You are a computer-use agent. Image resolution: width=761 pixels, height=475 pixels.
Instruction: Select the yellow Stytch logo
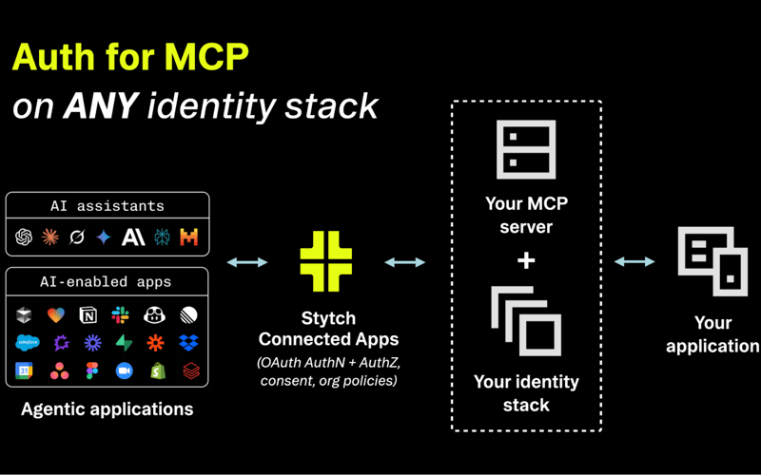tap(326, 261)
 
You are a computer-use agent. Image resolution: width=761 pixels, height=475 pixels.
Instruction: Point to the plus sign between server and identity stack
tap(526, 259)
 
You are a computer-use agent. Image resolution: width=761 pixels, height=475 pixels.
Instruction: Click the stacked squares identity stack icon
tap(526, 322)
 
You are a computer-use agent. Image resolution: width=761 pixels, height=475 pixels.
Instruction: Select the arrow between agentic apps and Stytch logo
tap(247, 262)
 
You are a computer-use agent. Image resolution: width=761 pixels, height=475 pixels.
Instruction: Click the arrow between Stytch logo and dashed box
tap(405, 262)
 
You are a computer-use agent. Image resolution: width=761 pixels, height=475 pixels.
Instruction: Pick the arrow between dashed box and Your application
tap(634, 261)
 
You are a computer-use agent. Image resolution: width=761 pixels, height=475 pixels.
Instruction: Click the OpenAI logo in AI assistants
tap(25, 237)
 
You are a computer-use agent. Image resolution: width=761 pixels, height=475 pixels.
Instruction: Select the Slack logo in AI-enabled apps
tap(121, 315)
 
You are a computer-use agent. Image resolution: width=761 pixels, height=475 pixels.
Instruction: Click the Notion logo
tap(88, 315)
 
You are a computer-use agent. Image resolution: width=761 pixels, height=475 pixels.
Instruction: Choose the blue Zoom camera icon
tap(124, 371)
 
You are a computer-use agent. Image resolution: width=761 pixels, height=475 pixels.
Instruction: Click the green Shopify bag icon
tap(157, 371)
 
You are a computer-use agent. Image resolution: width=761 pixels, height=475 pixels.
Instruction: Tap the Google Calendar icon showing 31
tap(24, 371)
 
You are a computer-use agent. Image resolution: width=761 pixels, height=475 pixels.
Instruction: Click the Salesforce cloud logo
tap(27, 343)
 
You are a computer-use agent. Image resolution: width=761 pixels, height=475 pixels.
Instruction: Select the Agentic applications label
tap(107, 410)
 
